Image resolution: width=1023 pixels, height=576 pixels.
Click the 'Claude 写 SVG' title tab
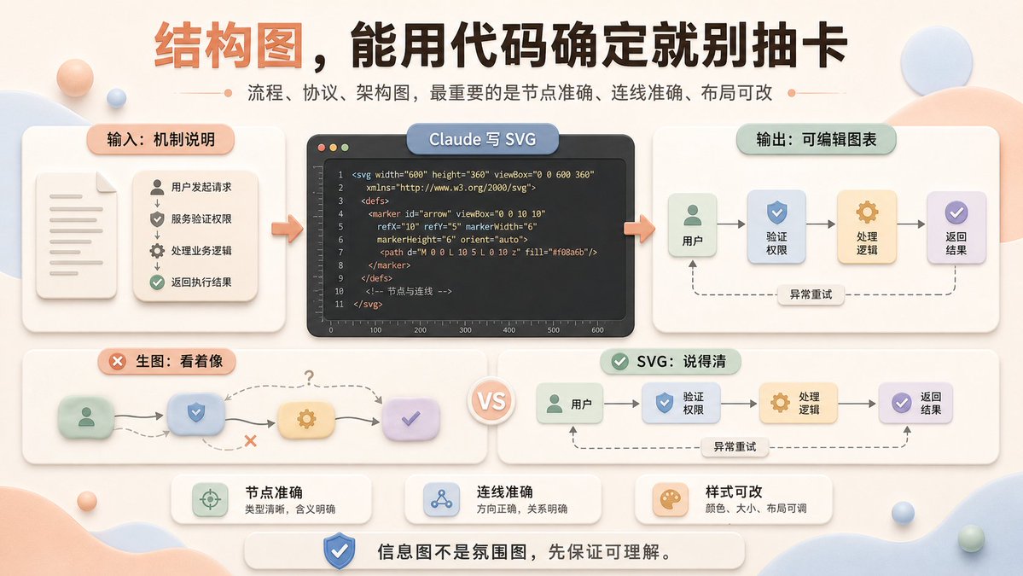(x=482, y=139)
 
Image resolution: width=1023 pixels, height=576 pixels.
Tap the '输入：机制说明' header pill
(x=160, y=139)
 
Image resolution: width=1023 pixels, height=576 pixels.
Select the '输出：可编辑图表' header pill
(x=817, y=140)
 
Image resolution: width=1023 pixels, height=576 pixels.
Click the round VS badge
(x=491, y=400)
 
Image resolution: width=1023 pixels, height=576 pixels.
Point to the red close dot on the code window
(x=321, y=148)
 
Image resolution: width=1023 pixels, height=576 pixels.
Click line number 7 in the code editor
(x=340, y=253)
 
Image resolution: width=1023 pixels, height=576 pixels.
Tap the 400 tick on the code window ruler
(x=509, y=330)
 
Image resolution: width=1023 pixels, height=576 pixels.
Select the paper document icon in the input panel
(x=76, y=235)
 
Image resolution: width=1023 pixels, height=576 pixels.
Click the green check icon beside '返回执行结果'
(x=157, y=282)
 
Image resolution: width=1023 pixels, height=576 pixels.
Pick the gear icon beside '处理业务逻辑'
(x=157, y=251)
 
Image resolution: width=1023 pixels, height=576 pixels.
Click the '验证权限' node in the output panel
(x=776, y=226)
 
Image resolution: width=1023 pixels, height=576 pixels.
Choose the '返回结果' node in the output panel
(x=956, y=227)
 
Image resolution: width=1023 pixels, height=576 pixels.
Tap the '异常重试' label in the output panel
(x=811, y=294)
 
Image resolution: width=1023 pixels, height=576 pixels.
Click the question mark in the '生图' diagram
(x=309, y=377)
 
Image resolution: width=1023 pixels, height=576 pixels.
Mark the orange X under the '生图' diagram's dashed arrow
(x=250, y=442)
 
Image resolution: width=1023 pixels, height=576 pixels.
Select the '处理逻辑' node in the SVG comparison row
(x=797, y=403)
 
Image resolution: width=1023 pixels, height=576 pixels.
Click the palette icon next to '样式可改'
(x=670, y=500)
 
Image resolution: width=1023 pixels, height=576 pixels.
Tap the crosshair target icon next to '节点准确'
(x=210, y=500)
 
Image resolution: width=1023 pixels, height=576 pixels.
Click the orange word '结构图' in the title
(x=229, y=46)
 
